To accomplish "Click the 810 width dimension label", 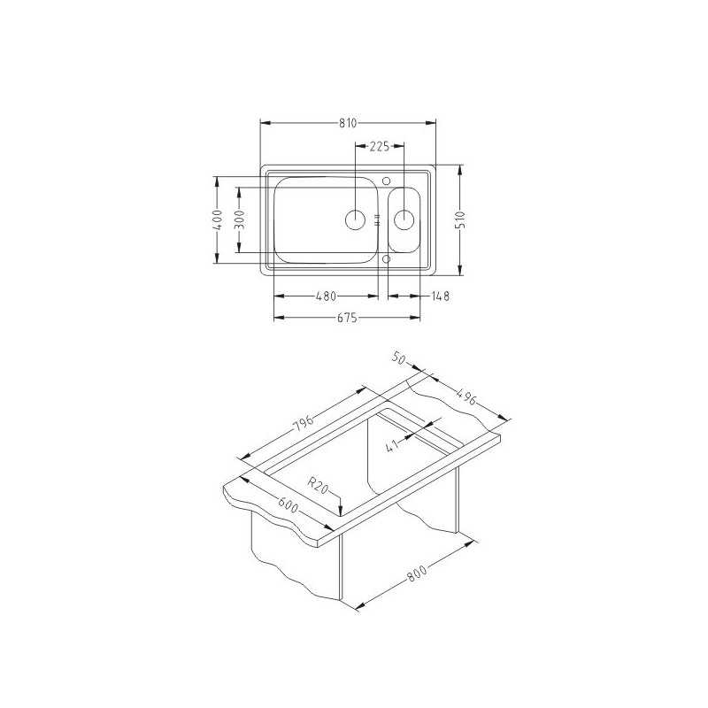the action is pos(348,123).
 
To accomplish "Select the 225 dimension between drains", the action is pos(380,146).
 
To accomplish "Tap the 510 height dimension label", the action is pos(460,219).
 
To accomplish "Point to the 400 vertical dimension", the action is pos(217,219).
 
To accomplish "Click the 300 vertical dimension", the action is pos(239,219).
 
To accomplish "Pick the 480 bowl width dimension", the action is pos(326,296).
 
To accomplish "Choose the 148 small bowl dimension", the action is pos(440,296).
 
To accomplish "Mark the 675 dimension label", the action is pos(347,318).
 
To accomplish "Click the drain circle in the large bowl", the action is pos(355,219).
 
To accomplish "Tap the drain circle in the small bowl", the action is pos(404,219).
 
